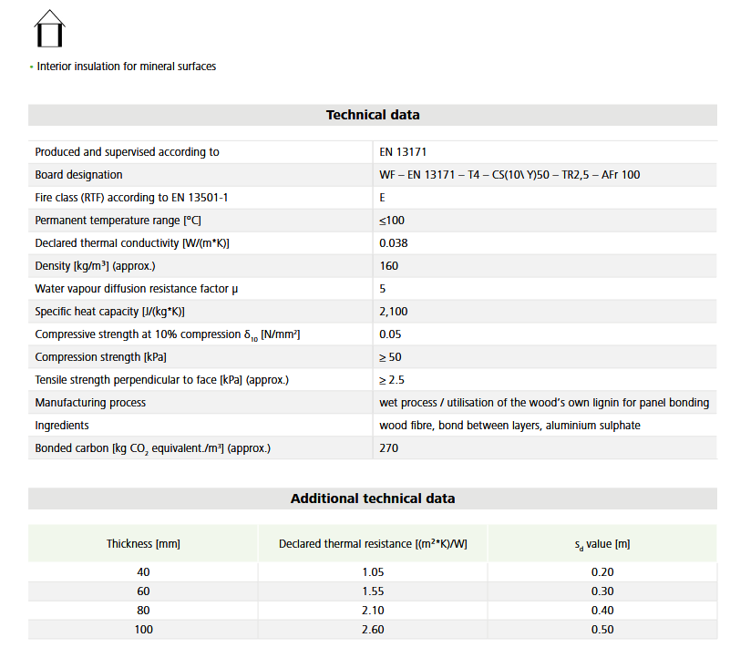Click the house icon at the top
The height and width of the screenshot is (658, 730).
50,28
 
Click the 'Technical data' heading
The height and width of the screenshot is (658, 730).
373,115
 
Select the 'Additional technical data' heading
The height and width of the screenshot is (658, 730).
373,499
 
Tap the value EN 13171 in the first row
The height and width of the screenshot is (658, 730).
403,152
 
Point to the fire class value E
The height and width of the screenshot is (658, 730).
383,198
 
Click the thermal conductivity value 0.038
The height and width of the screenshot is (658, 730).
394,243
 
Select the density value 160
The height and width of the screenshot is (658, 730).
389,266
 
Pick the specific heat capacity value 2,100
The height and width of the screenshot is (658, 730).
394,312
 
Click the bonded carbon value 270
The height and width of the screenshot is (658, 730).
389,448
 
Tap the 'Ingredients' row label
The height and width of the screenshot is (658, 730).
63,426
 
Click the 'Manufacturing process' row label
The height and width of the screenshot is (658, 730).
90,403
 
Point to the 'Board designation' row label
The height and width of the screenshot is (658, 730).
78,175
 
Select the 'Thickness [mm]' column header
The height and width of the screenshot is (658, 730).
143,544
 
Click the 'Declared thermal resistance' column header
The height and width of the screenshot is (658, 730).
373,544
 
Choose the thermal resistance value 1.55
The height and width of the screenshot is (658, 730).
373,591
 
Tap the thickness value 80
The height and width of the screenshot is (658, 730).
143,610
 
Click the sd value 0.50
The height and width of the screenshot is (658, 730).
602,629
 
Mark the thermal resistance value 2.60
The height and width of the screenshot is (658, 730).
373,629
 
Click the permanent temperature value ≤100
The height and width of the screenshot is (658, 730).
392,221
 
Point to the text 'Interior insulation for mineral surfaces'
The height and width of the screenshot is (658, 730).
127,67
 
